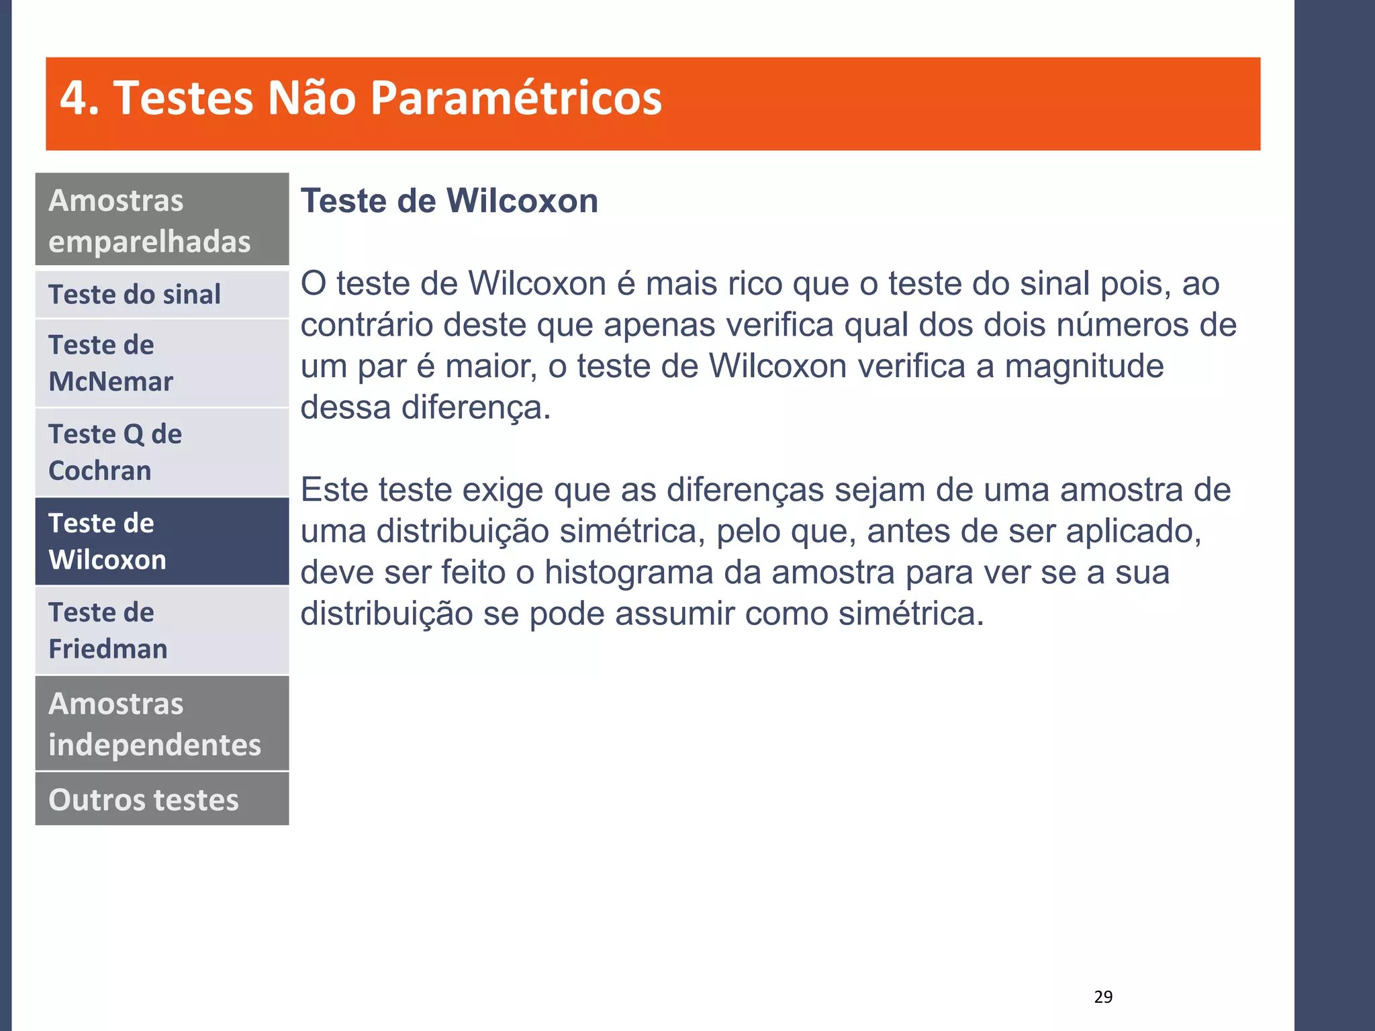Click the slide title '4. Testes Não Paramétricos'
point(361,99)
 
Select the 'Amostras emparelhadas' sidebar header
point(162,220)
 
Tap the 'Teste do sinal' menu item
point(162,295)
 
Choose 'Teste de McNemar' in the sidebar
point(162,363)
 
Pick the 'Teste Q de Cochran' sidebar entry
point(162,452)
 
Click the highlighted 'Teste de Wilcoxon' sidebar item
point(162,541)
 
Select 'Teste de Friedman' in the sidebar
point(162,630)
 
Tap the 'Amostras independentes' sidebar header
point(162,724)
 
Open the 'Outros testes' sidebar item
point(162,799)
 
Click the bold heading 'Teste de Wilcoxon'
point(449,201)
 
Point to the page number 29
point(1103,997)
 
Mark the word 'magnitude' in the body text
point(1084,366)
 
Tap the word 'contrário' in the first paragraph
point(367,326)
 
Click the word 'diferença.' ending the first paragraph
point(476,408)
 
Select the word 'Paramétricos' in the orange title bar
point(516,99)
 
